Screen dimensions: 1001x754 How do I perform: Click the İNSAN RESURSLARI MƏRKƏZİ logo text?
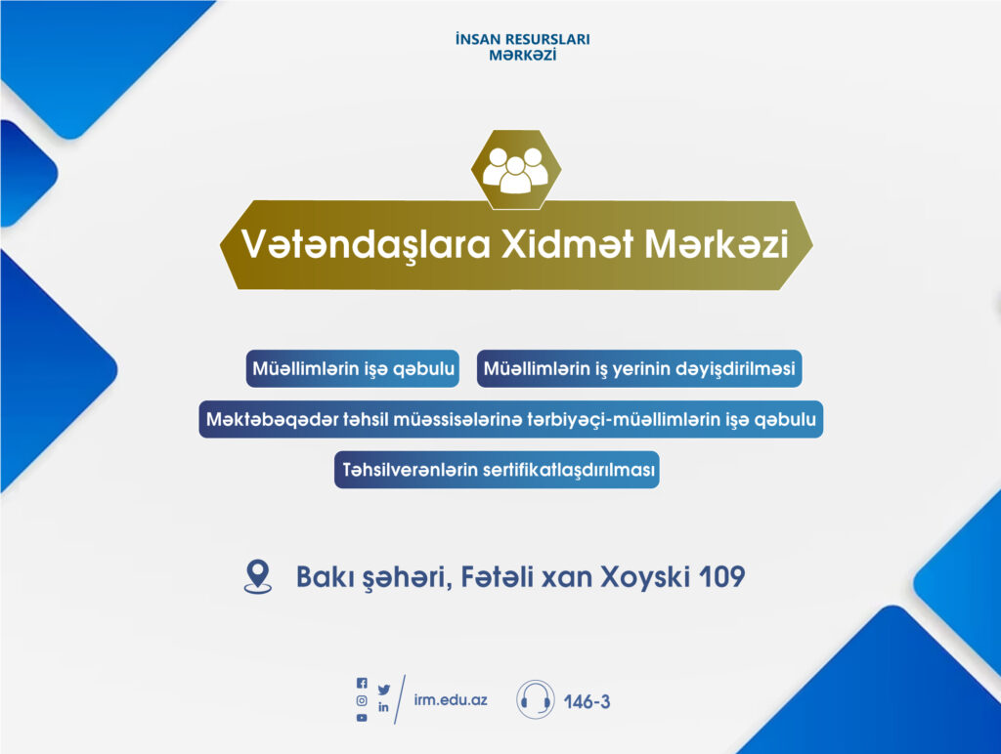pyautogui.click(x=522, y=47)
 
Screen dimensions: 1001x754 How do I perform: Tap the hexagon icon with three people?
pyautogui.click(x=516, y=170)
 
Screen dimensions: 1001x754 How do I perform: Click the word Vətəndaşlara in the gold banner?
pyautogui.click(x=366, y=245)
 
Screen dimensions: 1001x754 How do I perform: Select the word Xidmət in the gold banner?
pyautogui.click(x=566, y=243)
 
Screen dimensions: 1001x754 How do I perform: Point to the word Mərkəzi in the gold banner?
pyautogui.click(x=717, y=243)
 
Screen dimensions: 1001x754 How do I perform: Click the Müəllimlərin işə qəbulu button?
pyautogui.click(x=352, y=368)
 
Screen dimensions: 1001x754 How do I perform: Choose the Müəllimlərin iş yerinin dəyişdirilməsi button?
pyautogui.click(x=639, y=368)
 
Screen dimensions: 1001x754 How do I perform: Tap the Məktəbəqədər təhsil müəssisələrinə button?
pyautogui.click(x=510, y=419)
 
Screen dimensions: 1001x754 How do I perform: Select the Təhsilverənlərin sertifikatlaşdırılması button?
pyautogui.click(x=497, y=470)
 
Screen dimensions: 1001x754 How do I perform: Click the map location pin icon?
pyautogui.click(x=258, y=576)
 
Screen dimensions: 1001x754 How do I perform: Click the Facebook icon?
pyautogui.click(x=362, y=683)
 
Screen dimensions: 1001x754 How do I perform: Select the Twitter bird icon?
pyautogui.click(x=383, y=690)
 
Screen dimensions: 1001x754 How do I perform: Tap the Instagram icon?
pyautogui.click(x=362, y=700)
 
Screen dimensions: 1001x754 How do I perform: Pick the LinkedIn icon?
pyautogui.click(x=383, y=707)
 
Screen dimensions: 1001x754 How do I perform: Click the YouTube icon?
pyautogui.click(x=362, y=718)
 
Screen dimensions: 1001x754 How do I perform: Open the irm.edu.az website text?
pyautogui.click(x=451, y=699)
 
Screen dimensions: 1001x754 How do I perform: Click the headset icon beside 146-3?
pyautogui.click(x=535, y=699)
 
